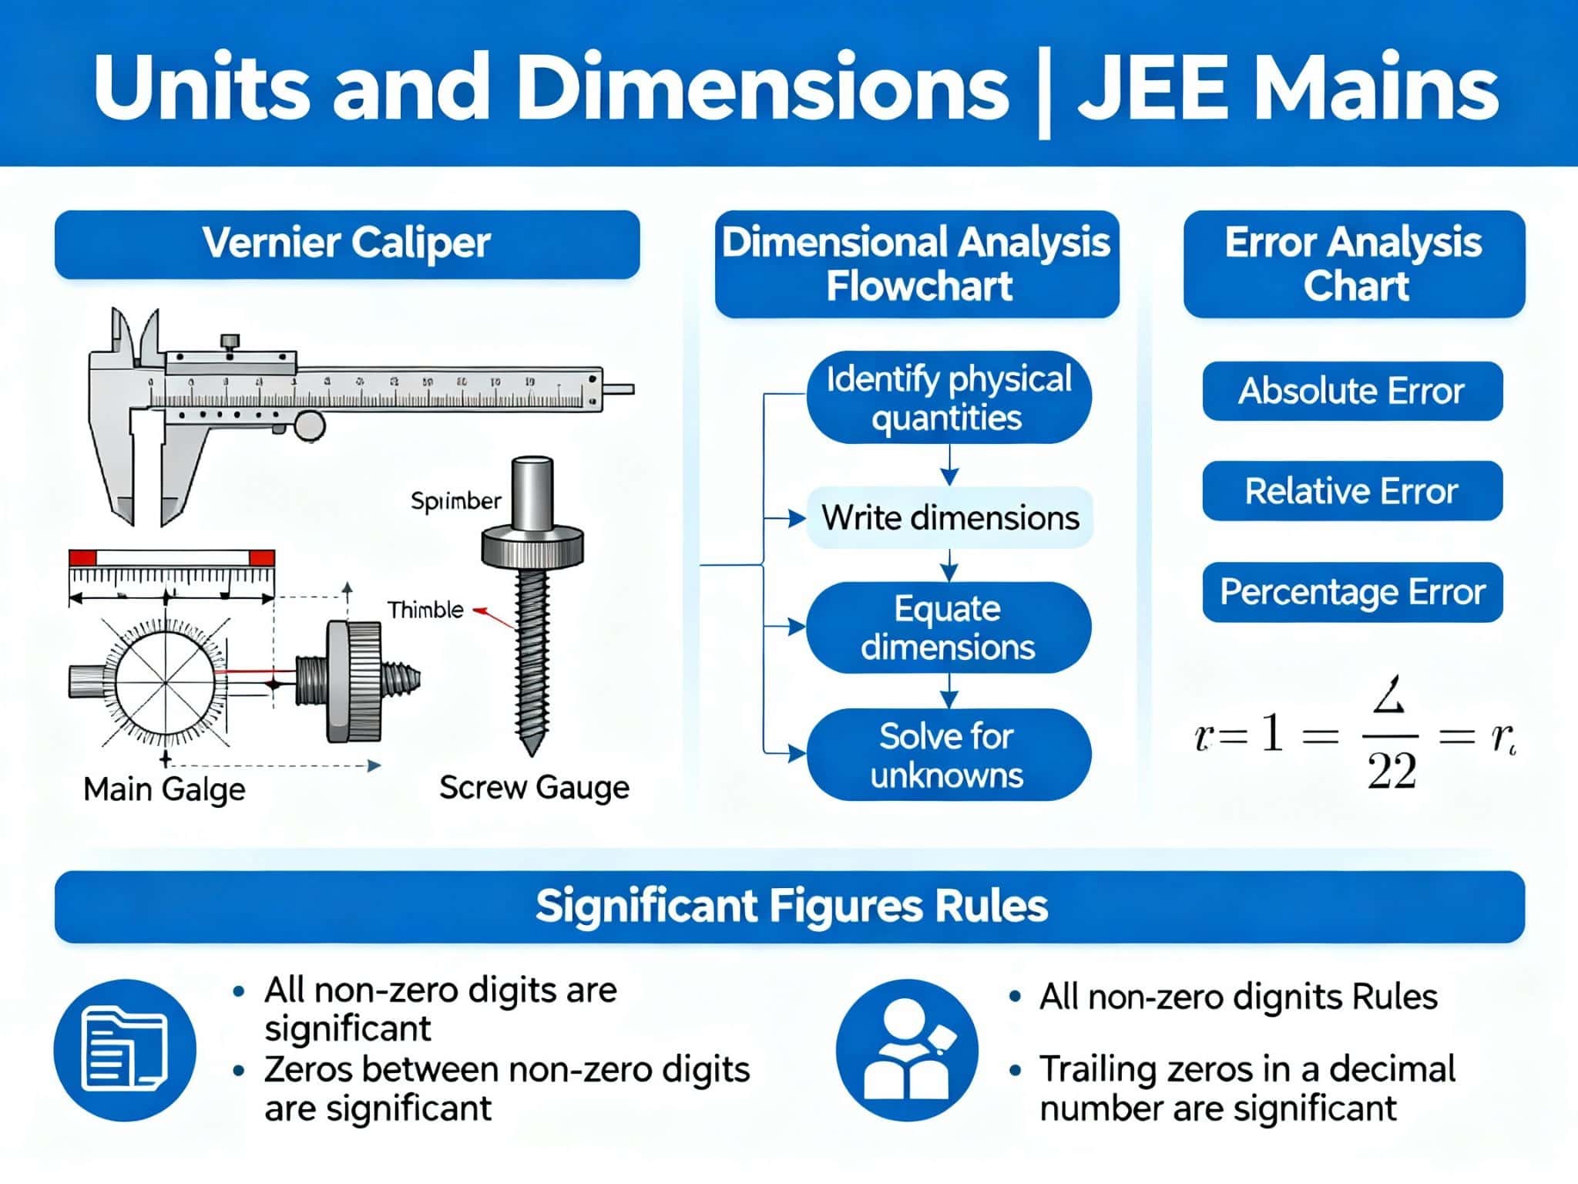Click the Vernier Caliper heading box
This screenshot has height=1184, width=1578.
pos(347,244)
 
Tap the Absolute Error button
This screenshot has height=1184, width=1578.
pos(1352,391)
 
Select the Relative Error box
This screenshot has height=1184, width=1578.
pos(1352,491)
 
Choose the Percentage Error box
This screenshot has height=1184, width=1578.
pos(1352,592)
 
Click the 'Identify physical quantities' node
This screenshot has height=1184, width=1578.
pos(948,398)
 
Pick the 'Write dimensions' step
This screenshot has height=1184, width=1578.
pos(950,517)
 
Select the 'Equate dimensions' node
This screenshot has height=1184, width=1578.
pos(948,627)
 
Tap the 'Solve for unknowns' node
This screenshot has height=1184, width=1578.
pos(948,755)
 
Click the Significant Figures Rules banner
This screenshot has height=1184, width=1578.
pos(790,906)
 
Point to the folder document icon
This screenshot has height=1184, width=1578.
pos(125,1050)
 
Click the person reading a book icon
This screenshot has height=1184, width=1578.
pos(907,1050)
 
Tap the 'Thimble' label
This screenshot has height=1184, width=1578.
pos(425,610)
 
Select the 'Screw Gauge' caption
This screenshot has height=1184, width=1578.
pos(534,787)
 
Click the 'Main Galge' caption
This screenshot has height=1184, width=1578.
pos(164,789)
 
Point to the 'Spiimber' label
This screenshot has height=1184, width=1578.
pos(455,501)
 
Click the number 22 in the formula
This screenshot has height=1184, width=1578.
pos(1392,770)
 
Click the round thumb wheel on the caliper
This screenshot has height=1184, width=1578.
pos(310,425)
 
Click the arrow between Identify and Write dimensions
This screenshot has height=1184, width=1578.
pos(949,467)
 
